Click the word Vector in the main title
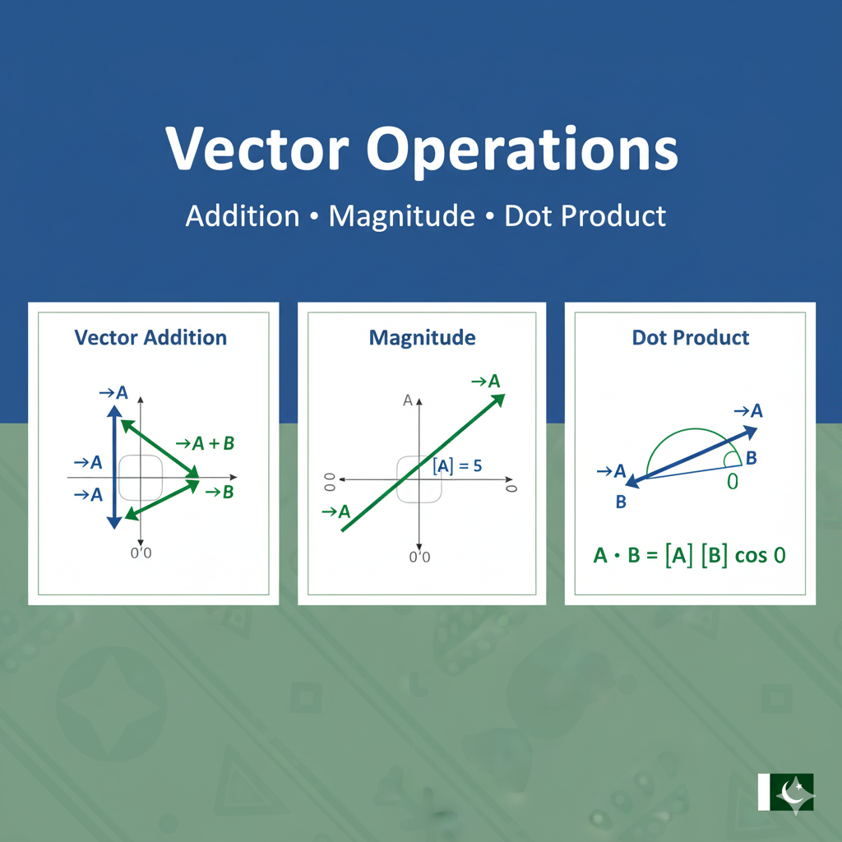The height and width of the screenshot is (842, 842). coord(257,150)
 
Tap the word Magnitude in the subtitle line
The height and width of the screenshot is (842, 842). coord(401,216)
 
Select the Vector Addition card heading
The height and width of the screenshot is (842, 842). coord(150,337)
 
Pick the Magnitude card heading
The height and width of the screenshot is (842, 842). coord(422,337)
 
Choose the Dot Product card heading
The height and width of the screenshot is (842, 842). coord(691,337)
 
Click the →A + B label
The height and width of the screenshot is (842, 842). coord(206,444)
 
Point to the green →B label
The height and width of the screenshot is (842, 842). coord(219,493)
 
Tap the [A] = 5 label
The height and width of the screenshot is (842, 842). coord(456,466)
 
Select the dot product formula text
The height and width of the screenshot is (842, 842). coord(689,555)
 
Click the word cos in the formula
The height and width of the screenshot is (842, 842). coord(751,556)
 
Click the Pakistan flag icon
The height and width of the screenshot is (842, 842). coord(785,792)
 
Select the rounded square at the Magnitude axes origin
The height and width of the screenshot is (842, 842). coord(419,479)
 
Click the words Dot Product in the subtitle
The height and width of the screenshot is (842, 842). coord(585,216)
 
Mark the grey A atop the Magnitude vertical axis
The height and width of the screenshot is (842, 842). coord(407,400)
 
